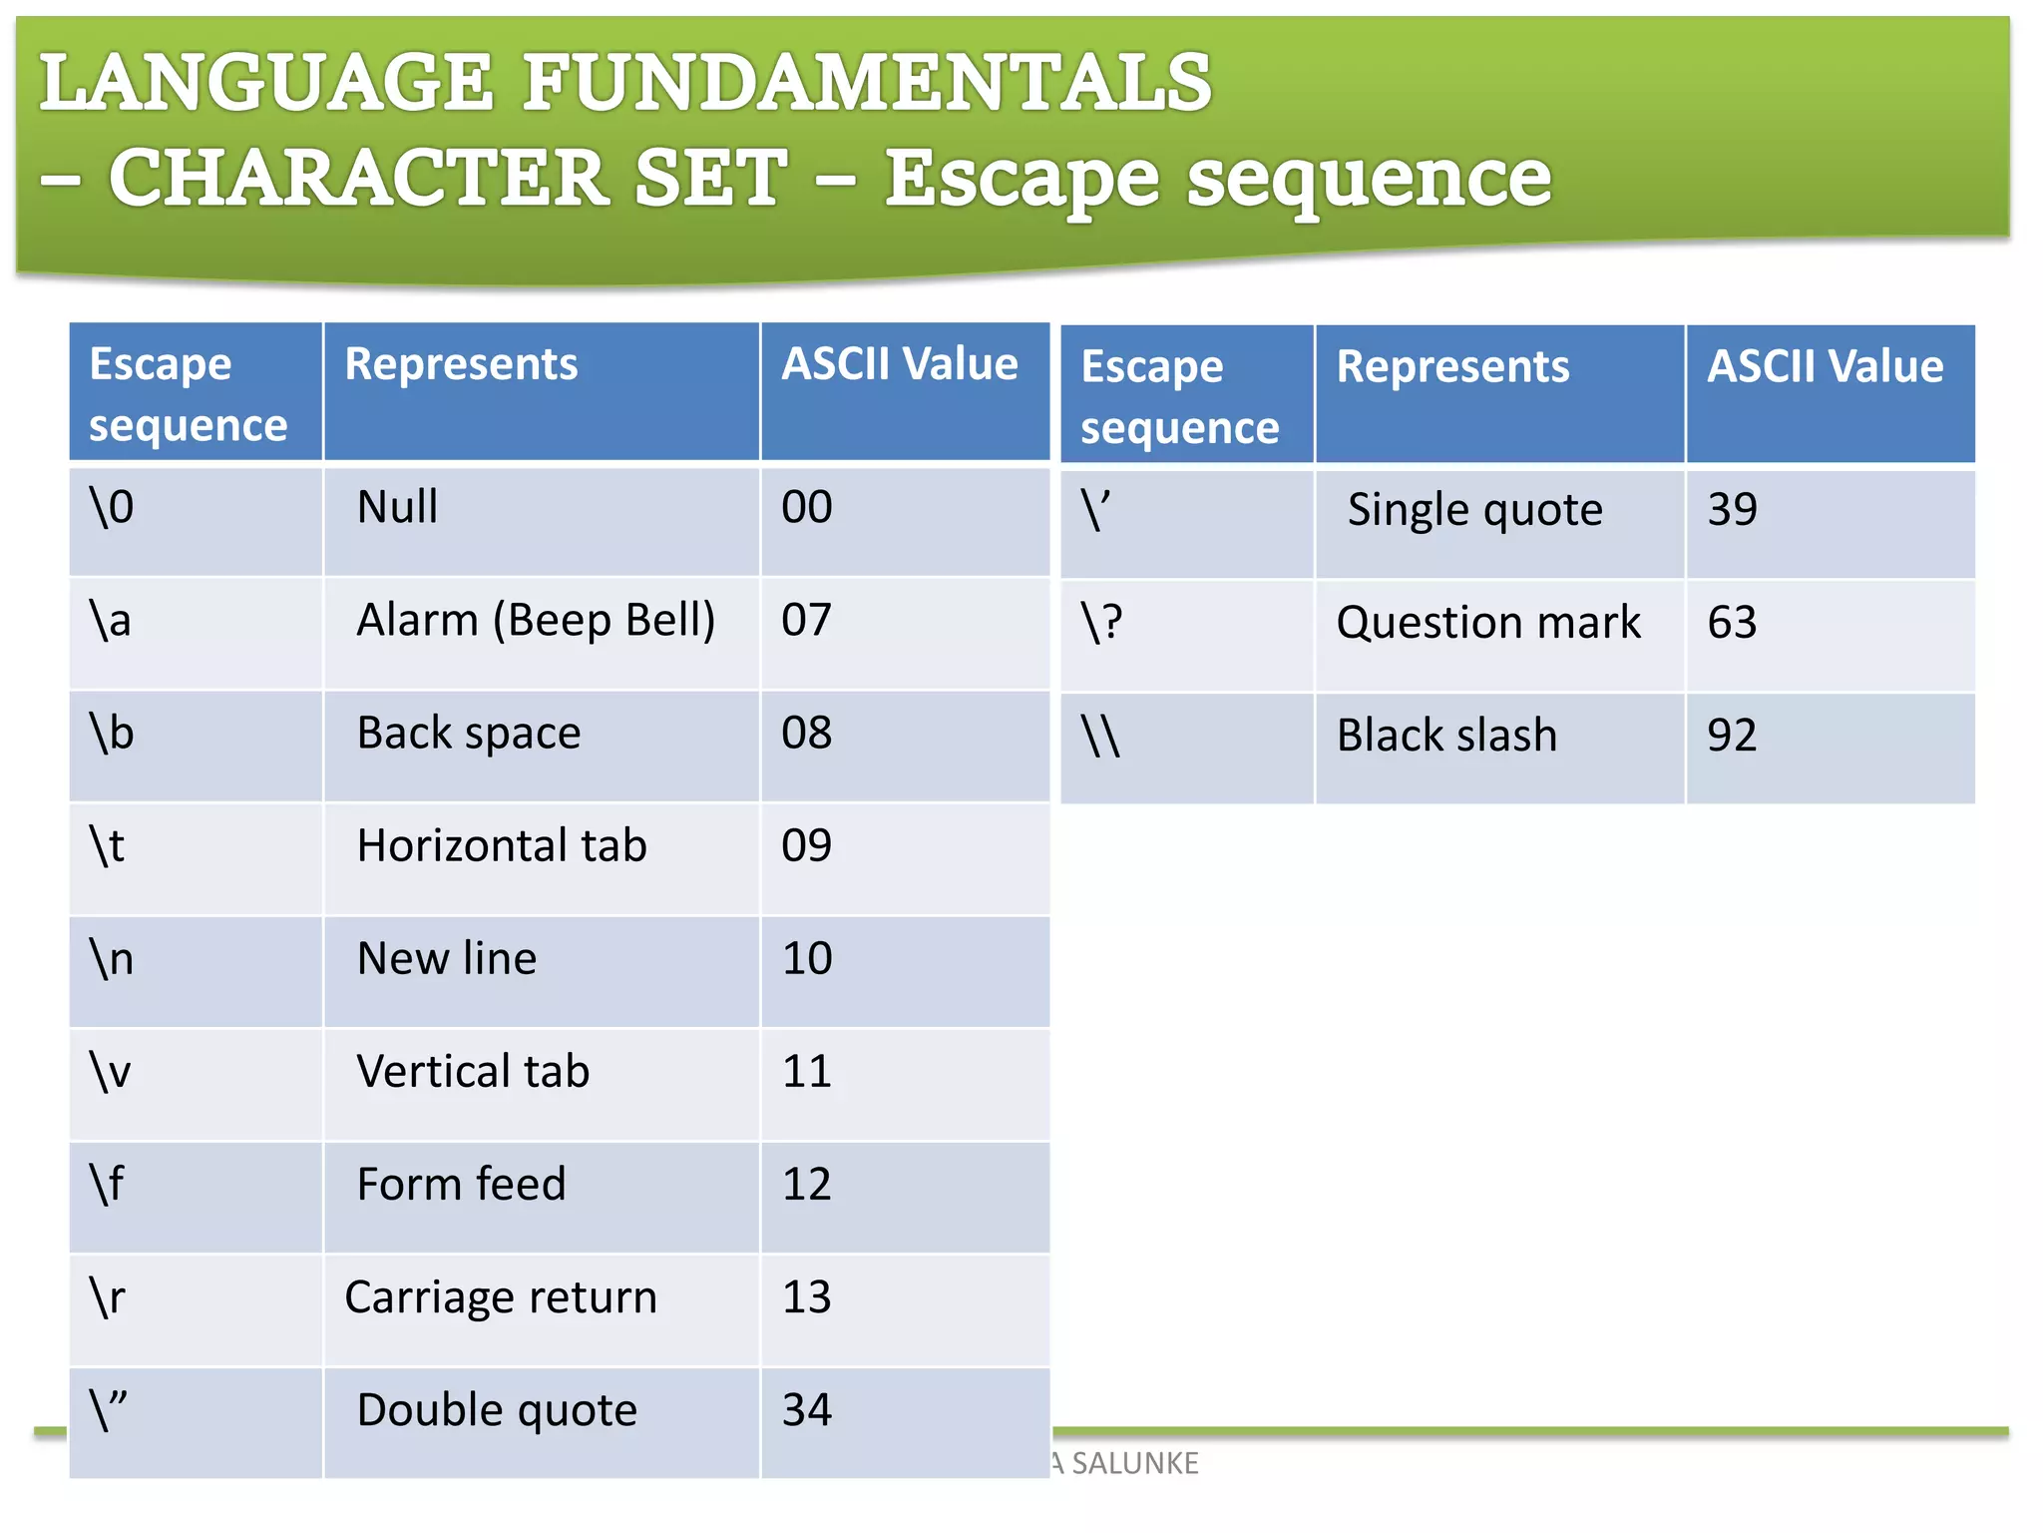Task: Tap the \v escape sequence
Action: pos(111,1072)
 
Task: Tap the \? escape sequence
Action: pos(1102,623)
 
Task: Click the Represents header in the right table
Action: pos(1452,367)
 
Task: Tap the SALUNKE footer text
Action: pos(1134,1463)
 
